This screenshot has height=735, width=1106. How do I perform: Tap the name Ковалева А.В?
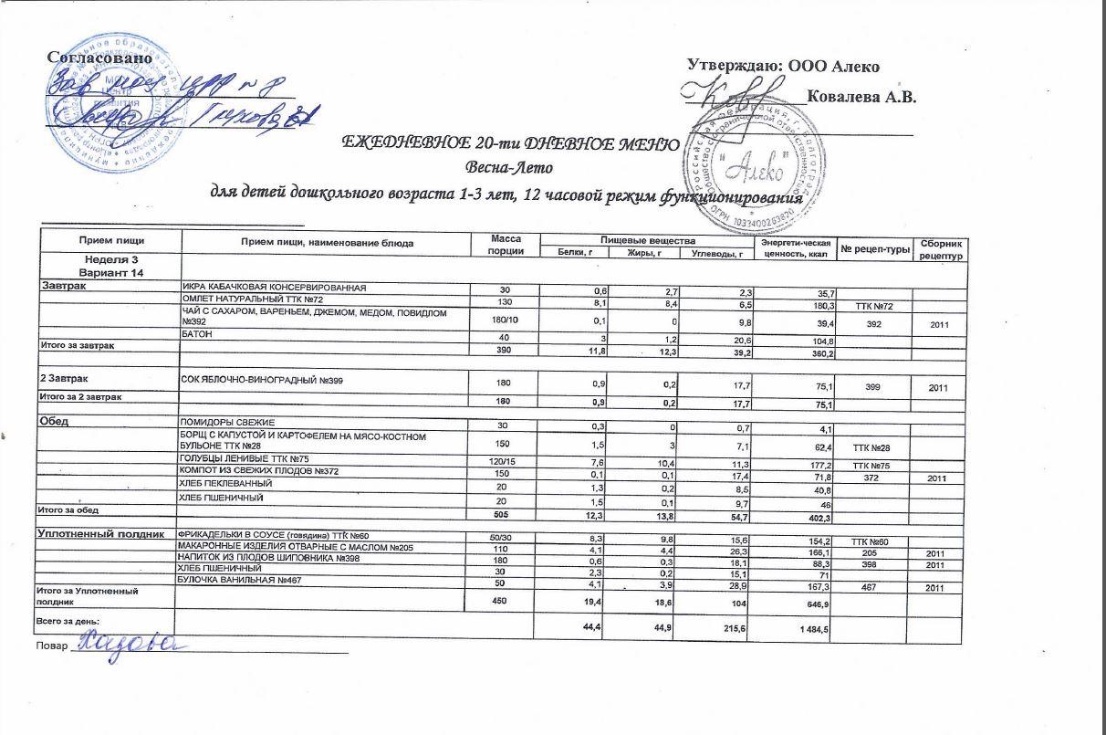coord(861,96)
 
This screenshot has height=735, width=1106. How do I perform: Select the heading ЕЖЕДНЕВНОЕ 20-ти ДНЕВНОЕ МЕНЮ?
coord(509,143)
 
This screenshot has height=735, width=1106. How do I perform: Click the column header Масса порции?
coord(506,245)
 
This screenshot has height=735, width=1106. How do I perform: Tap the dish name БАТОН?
coord(197,339)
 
